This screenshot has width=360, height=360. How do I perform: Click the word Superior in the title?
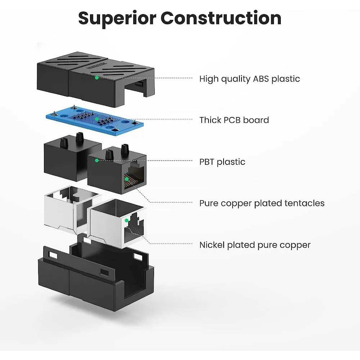click(x=116, y=18)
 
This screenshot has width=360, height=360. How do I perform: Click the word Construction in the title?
click(x=221, y=18)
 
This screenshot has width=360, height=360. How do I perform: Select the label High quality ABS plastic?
click(x=249, y=79)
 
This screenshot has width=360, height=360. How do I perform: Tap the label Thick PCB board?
click(x=234, y=120)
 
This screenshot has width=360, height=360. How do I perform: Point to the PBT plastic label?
click(x=222, y=162)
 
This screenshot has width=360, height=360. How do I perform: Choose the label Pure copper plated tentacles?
click(x=262, y=203)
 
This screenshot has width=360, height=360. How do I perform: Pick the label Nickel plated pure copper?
click(x=255, y=245)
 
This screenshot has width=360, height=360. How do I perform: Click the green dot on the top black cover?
click(x=96, y=77)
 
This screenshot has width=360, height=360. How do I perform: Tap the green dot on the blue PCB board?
click(x=96, y=119)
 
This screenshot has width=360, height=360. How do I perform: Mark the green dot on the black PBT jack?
click(x=96, y=160)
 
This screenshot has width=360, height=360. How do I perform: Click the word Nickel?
click(x=212, y=245)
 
